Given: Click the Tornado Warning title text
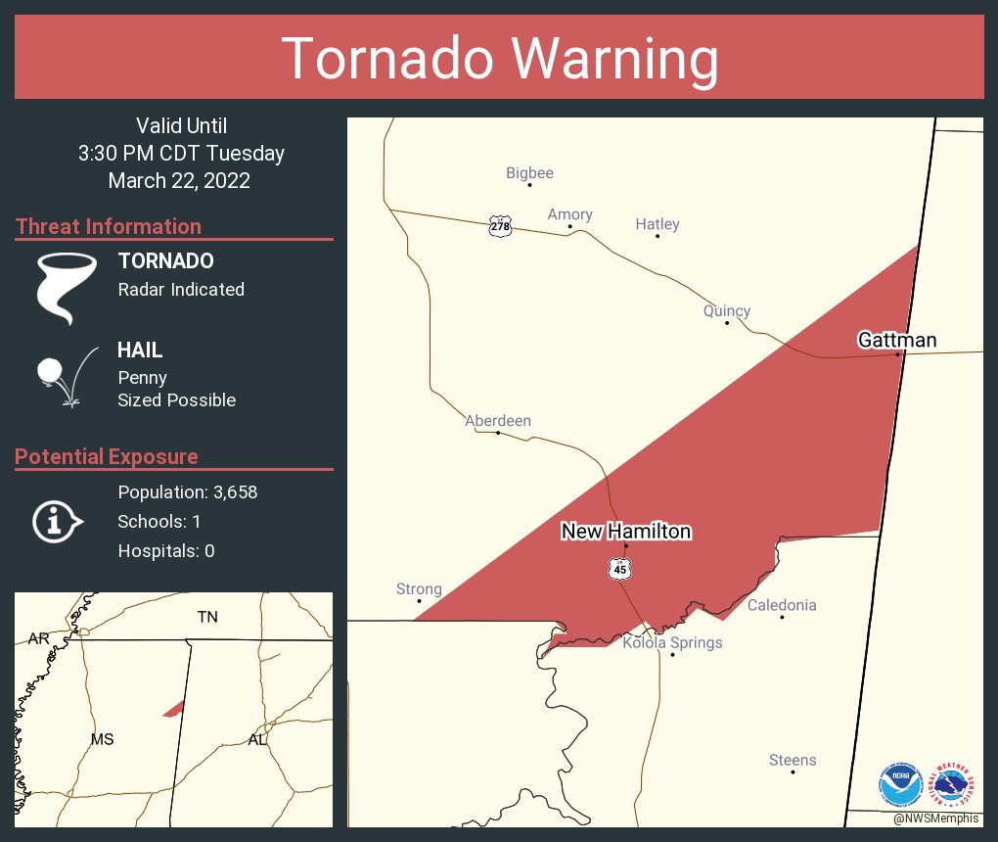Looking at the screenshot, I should coord(499,59).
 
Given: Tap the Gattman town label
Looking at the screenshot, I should coord(897,341).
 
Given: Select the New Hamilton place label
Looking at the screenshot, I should coord(626,532).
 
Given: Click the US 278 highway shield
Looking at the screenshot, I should coord(499,226).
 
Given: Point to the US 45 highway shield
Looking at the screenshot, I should coord(617,569).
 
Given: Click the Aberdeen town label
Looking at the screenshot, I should coord(498,421).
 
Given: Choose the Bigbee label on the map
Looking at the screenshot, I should coord(529,173).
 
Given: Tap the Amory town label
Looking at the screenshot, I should coord(569,214).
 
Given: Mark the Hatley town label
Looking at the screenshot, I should coord(658,224).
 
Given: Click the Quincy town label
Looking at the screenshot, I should coord(727,311).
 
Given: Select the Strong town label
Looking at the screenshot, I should coord(419,589).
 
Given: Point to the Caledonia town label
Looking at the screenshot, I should coord(782,605).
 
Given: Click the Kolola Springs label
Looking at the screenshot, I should coord(672,643).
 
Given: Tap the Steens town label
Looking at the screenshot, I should coord(793,761).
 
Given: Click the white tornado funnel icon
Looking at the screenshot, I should coord(66,287).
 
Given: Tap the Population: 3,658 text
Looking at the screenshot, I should coord(188,492).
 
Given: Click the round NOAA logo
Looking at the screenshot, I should coord(900,785).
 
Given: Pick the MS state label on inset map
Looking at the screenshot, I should coord(103,739).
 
